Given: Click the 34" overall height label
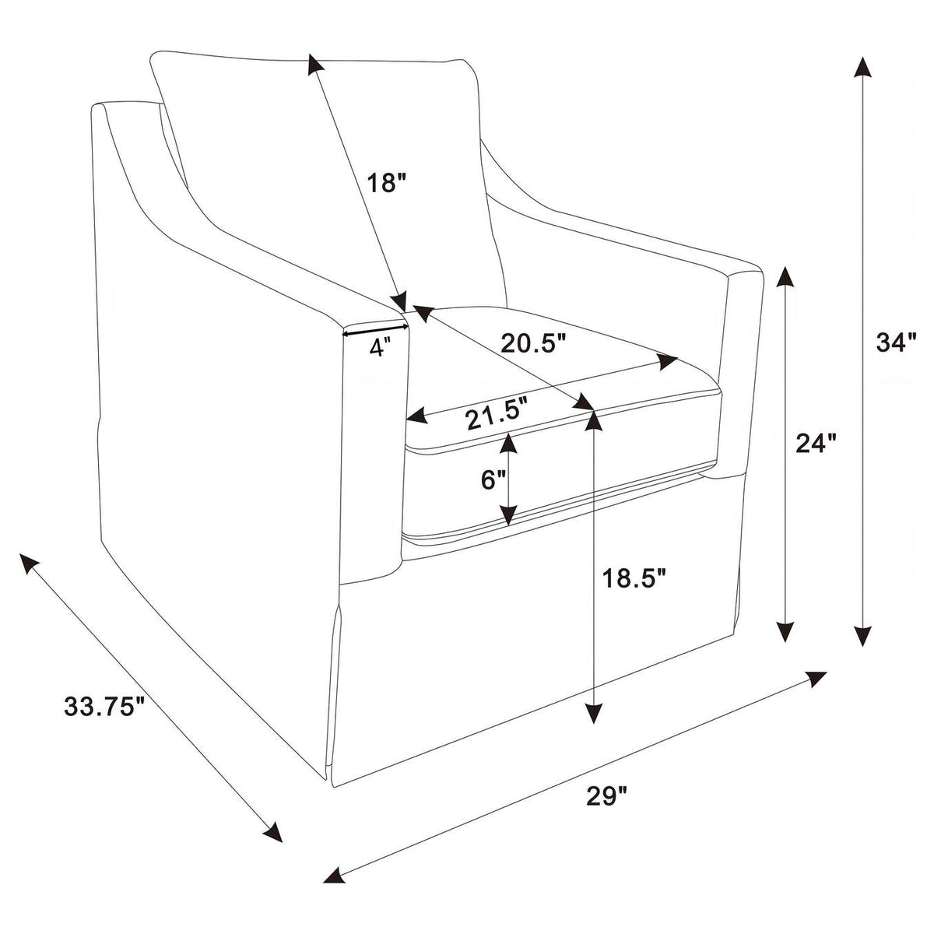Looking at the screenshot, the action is click(x=896, y=344).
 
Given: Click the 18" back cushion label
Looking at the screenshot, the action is click(x=385, y=183).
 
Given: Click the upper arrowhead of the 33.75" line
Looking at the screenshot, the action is click(x=30, y=565).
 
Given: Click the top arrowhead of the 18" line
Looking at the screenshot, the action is click(x=315, y=65).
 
